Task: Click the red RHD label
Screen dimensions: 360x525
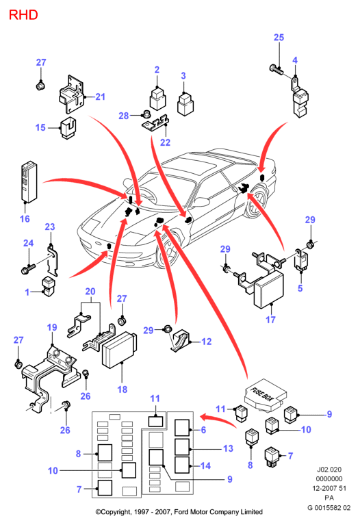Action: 23,15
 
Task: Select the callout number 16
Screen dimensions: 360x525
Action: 25,219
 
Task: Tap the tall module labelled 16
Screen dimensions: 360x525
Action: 29,182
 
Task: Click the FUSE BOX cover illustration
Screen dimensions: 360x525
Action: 266,395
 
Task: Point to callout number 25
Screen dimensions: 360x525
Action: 279,38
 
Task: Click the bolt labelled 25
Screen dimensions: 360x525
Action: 277,70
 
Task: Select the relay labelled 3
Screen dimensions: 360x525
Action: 185,104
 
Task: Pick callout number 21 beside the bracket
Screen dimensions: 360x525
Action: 100,97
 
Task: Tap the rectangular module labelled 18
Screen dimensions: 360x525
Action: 119,350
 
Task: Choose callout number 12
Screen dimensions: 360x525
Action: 206,342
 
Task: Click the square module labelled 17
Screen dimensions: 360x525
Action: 269,290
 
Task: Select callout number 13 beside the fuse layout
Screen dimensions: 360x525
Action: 228,448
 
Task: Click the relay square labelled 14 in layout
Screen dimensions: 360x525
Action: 182,465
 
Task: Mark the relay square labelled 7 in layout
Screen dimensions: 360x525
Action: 105,487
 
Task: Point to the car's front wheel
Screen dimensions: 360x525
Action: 170,249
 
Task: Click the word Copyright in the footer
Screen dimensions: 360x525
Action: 114,512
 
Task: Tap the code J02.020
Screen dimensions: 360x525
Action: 329,470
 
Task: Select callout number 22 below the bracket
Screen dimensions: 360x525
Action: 165,142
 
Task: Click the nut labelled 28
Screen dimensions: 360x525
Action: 146,114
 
